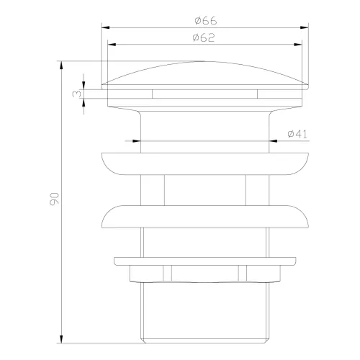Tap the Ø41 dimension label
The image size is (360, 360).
[297, 135]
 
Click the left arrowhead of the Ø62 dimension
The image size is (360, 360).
[110, 44]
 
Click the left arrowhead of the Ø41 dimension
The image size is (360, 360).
[137, 141]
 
